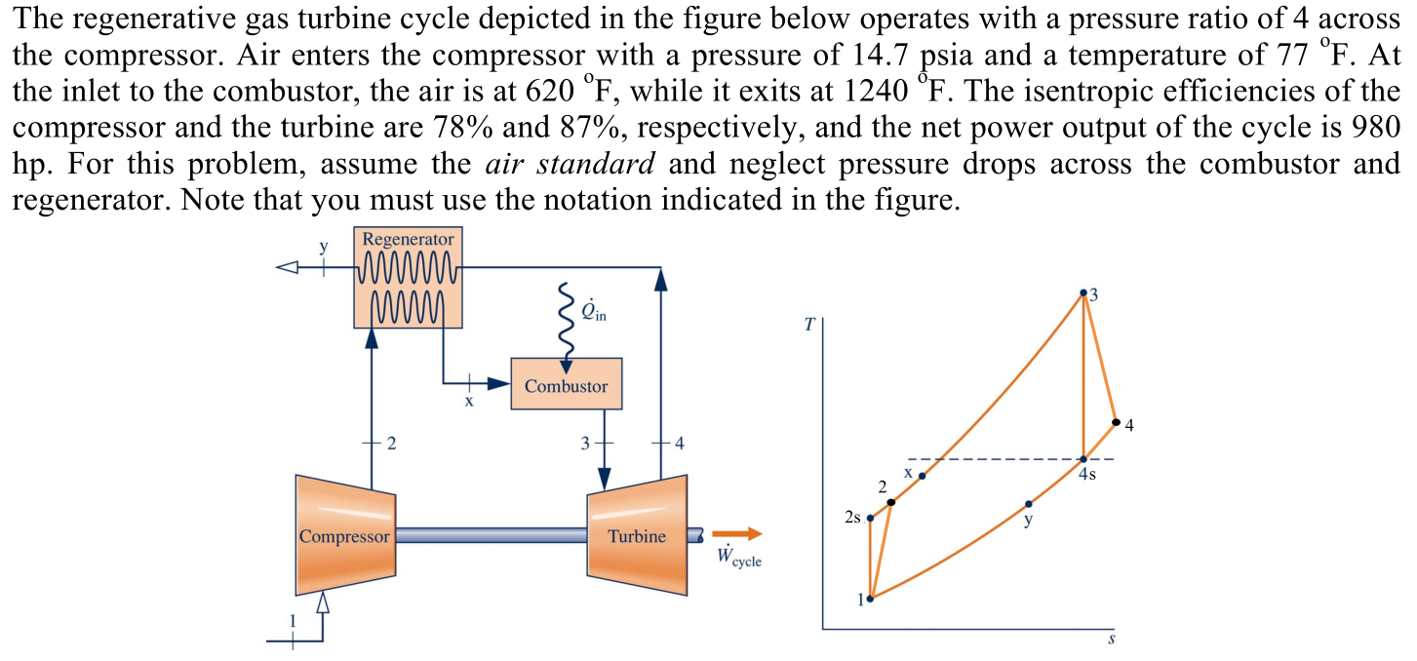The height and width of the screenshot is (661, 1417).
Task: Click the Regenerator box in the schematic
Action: tap(408, 278)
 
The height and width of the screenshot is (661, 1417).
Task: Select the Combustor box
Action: tap(566, 386)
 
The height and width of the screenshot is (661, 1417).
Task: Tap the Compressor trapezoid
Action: tap(345, 535)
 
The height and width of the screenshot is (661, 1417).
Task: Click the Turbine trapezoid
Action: tap(636, 535)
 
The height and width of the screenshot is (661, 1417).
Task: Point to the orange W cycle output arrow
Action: tap(737, 534)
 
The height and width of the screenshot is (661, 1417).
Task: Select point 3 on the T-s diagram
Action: tap(1083, 292)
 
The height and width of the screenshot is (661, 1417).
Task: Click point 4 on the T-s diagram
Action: tap(1116, 422)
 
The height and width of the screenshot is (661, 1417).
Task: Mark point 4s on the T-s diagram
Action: tap(1083, 458)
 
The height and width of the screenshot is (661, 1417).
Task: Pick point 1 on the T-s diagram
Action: tap(870, 599)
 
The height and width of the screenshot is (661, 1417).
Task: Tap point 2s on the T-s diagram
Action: tap(870, 518)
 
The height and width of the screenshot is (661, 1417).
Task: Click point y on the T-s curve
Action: tap(1029, 505)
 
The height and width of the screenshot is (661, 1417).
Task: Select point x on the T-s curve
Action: tap(923, 476)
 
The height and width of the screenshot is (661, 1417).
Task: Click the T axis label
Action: tap(807, 325)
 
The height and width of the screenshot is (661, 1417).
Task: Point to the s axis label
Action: tap(1111, 642)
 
